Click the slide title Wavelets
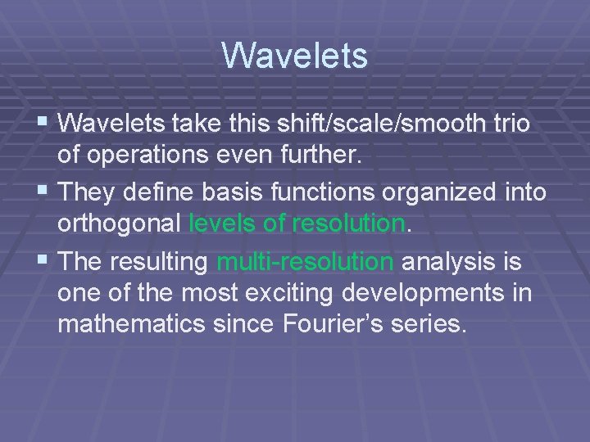tap(294, 56)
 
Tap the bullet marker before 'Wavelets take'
tap(46, 124)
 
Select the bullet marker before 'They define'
tap(46, 193)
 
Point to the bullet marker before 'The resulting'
tap(46, 262)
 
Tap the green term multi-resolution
tap(305, 262)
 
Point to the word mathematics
tap(130, 322)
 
